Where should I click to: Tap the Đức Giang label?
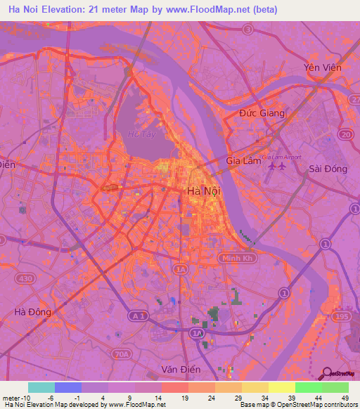tap(262, 113)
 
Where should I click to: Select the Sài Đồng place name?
tap(328, 169)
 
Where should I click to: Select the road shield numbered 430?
tap(27, 260)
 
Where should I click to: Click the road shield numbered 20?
tap(345, 134)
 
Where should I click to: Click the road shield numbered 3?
tap(247, 30)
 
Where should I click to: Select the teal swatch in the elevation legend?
tap(41, 387)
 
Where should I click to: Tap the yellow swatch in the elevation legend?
tap(281, 387)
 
